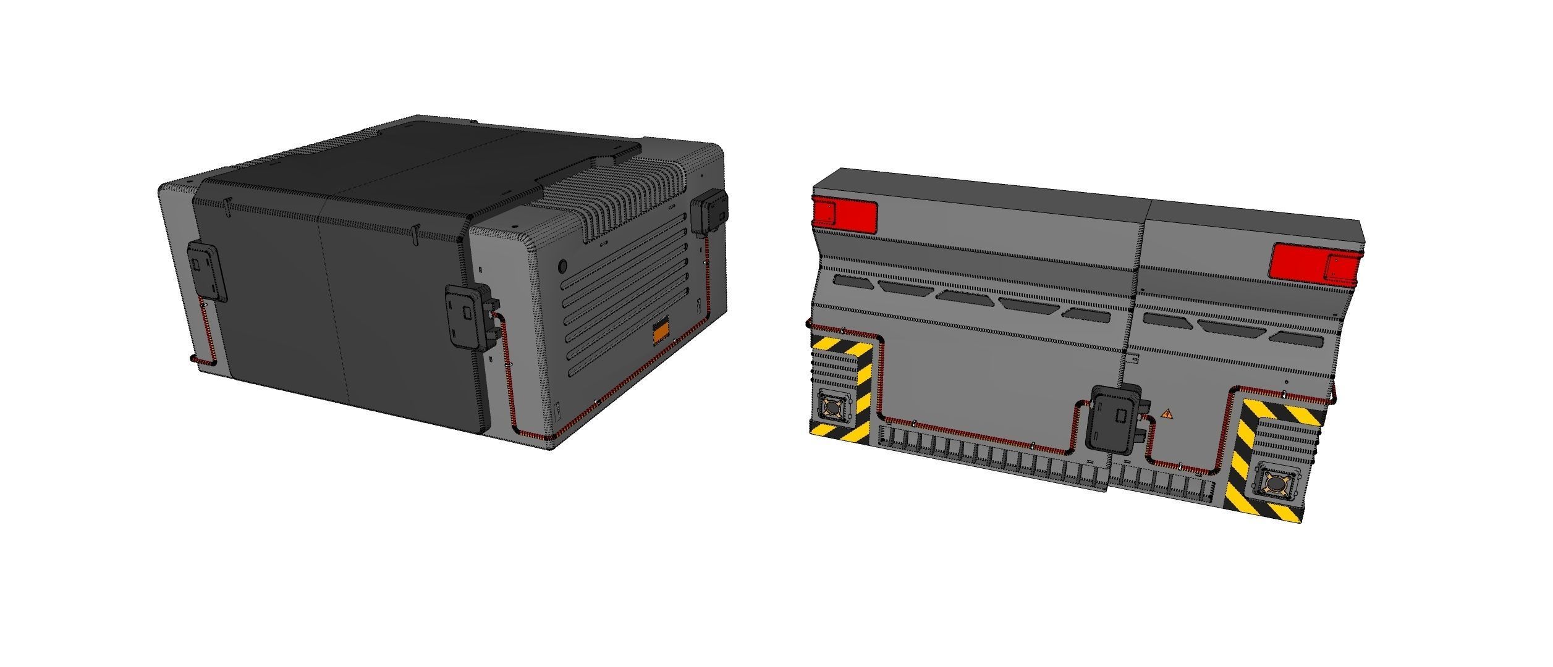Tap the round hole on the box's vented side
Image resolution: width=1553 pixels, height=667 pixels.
pos(562,266)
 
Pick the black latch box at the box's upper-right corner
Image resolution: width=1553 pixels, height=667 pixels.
pos(709,213)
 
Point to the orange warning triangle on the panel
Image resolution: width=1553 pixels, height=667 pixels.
pos(1167,414)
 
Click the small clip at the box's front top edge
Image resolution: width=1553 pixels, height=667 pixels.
pos(415,233)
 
